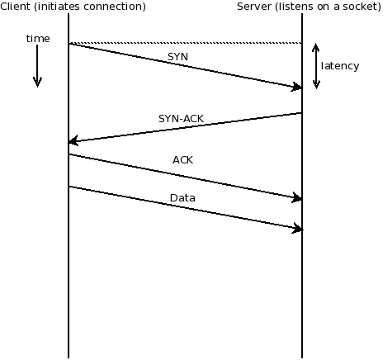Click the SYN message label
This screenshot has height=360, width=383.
pos(177,56)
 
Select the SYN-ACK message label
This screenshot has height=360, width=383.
pos(182,118)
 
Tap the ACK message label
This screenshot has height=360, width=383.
pos(182,159)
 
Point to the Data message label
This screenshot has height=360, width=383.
pos(182,198)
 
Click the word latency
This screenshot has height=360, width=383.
pos(340,65)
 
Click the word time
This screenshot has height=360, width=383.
pos(37,39)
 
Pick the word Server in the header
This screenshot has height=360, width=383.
pos(253,7)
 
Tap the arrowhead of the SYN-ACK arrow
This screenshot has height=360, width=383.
pos(73,142)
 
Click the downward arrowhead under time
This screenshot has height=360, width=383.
pos(37,82)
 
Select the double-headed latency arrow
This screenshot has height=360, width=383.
pos(316,66)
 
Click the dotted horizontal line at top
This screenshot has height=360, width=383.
pos(185,43)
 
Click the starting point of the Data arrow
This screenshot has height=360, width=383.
pos(70,187)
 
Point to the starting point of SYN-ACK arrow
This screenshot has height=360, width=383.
pos(301,113)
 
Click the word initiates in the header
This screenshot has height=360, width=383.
pos(64,7)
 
